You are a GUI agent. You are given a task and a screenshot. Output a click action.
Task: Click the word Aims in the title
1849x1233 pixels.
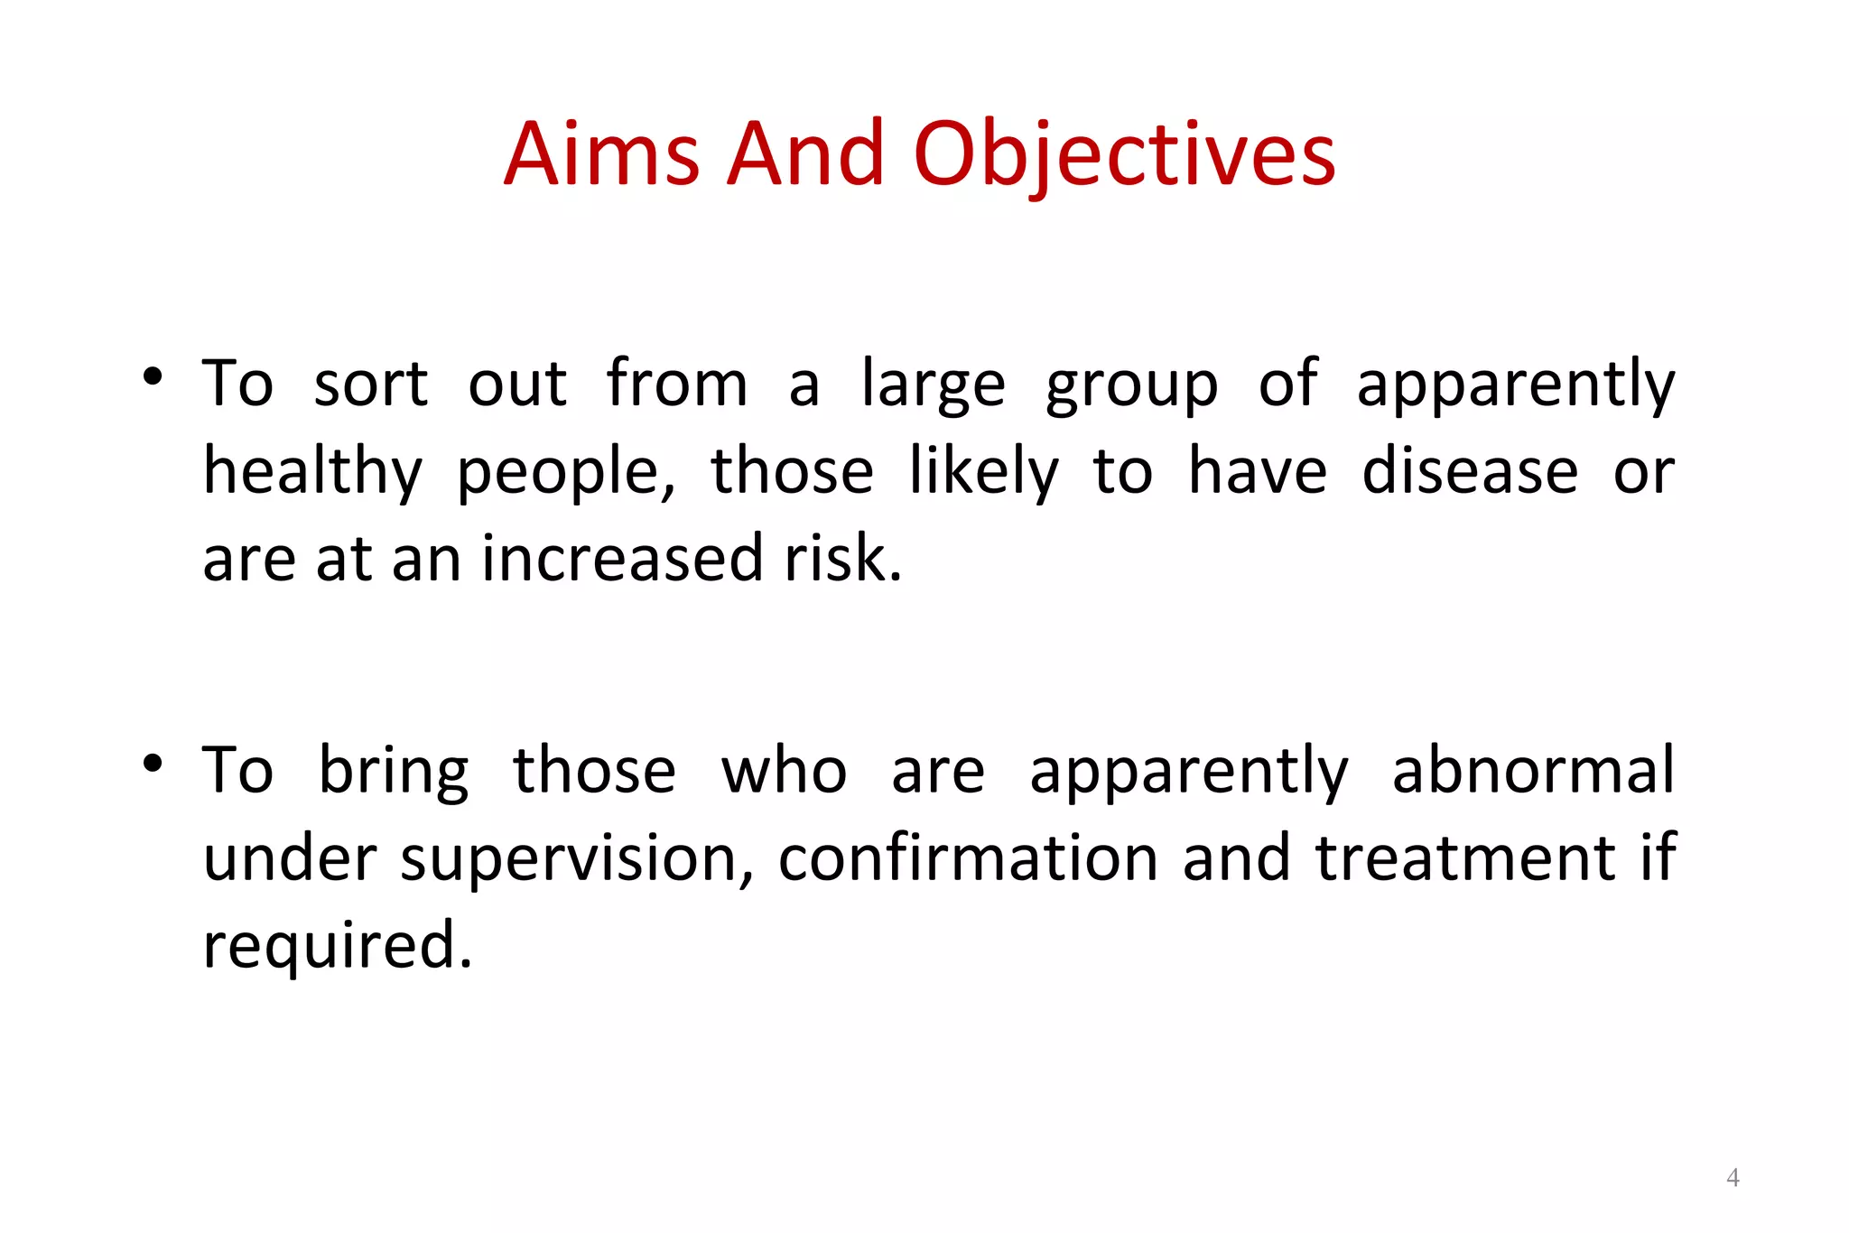[601, 154]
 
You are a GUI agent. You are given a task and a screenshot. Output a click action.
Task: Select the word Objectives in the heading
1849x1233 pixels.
[1124, 154]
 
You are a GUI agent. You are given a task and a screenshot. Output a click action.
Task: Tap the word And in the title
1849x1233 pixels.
[805, 154]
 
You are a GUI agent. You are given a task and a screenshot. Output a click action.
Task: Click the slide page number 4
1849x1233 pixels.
[1733, 1177]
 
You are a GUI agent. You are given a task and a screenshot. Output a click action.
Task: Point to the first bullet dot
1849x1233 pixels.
[153, 375]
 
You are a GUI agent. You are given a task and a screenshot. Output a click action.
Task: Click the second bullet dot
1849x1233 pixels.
[153, 763]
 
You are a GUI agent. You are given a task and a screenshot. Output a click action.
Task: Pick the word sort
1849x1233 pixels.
[370, 384]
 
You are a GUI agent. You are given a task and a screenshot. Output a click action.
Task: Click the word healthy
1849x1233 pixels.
[312, 472]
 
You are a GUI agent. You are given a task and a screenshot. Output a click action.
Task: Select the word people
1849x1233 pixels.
[564, 472]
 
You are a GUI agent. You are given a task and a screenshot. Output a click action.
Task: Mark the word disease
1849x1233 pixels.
[1470, 471]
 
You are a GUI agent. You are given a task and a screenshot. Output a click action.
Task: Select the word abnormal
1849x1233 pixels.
[1533, 769]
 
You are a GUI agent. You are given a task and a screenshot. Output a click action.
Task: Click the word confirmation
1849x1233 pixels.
[968, 858]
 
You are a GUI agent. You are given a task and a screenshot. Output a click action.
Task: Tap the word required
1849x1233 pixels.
[337, 946]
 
